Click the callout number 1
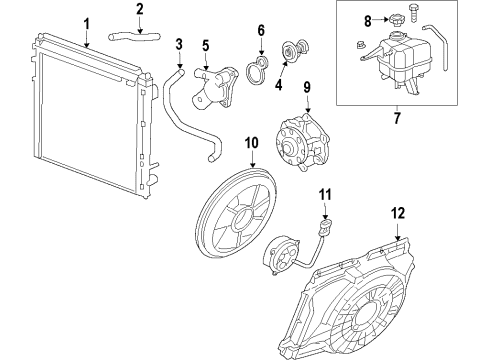(86, 22)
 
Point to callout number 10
(252, 143)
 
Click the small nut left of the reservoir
(359, 45)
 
